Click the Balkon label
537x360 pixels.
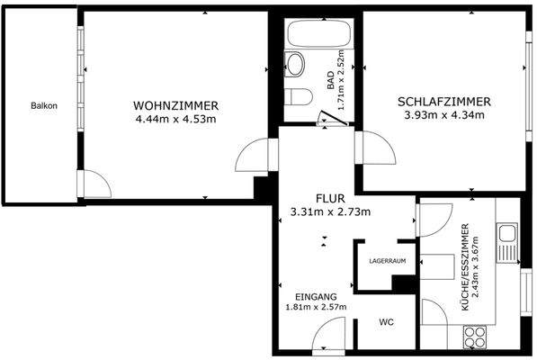pyautogui.click(x=43, y=105)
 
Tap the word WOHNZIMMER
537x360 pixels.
pyautogui.click(x=175, y=103)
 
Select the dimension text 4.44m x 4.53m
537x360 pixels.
pyautogui.click(x=175, y=118)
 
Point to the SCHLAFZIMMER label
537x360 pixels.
pyautogui.click(x=443, y=102)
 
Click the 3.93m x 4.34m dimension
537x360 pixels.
pyautogui.click(x=443, y=115)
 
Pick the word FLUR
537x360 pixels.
pyautogui.click(x=330, y=198)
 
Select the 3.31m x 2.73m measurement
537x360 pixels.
pyautogui.click(x=330, y=211)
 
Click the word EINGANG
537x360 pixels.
pyautogui.click(x=316, y=296)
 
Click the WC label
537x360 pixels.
pyautogui.click(x=386, y=321)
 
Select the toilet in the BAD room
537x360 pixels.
pyautogui.click(x=300, y=96)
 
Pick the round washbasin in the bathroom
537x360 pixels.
pyautogui.click(x=294, y=63)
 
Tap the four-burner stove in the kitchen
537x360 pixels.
pyautogui.click(x=474, y=338)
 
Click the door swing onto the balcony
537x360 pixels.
pyautogui.click(x=95, y=184)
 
